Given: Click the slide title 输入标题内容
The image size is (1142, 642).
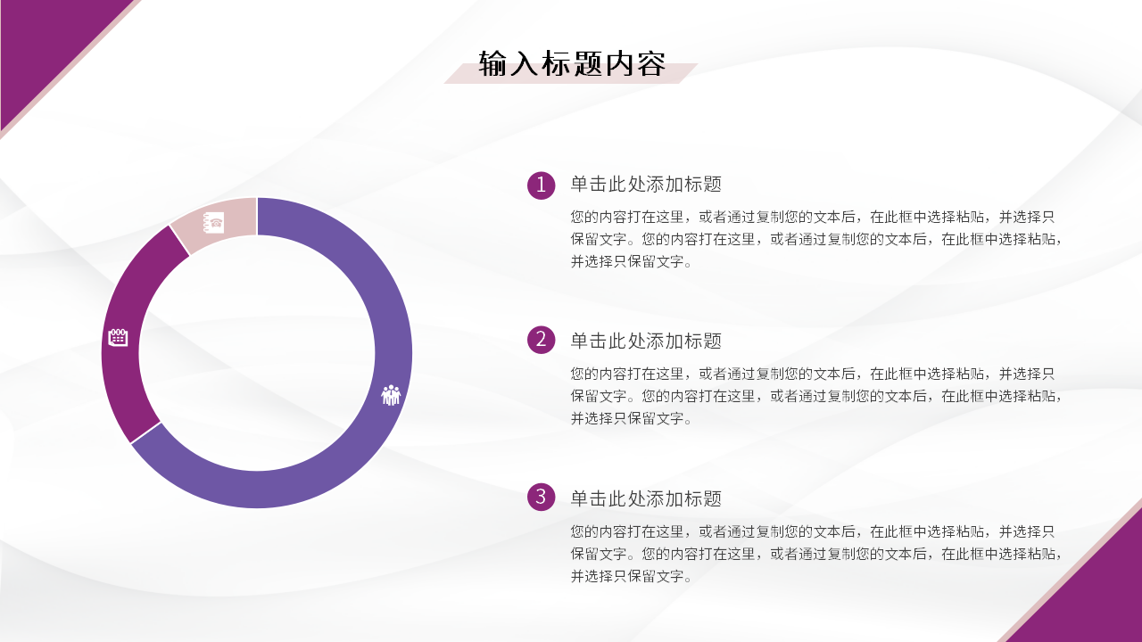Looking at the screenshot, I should [x=572, y=64].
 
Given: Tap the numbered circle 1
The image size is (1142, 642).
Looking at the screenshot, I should [x=541, y=185].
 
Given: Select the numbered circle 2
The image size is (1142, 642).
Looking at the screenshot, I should [x=541, y=339].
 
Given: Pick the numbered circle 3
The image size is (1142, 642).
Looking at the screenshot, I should [x=541, y=497].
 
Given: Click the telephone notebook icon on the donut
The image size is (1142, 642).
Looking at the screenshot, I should [x=214, y=222].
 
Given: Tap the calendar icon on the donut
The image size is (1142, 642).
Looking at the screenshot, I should [x=118, y=337].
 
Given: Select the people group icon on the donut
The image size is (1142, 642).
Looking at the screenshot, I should [x=391, y=395].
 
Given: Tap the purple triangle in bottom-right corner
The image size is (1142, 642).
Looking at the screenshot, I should [x=1097, y=597].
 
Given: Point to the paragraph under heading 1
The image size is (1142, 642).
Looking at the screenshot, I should [x=816, y=239].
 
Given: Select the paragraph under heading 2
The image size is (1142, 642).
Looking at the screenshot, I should [x=816, y=396].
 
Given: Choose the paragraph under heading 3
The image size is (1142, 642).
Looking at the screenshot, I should [x=816, y=553].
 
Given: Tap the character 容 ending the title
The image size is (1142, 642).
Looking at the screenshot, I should [x=651, y=64].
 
